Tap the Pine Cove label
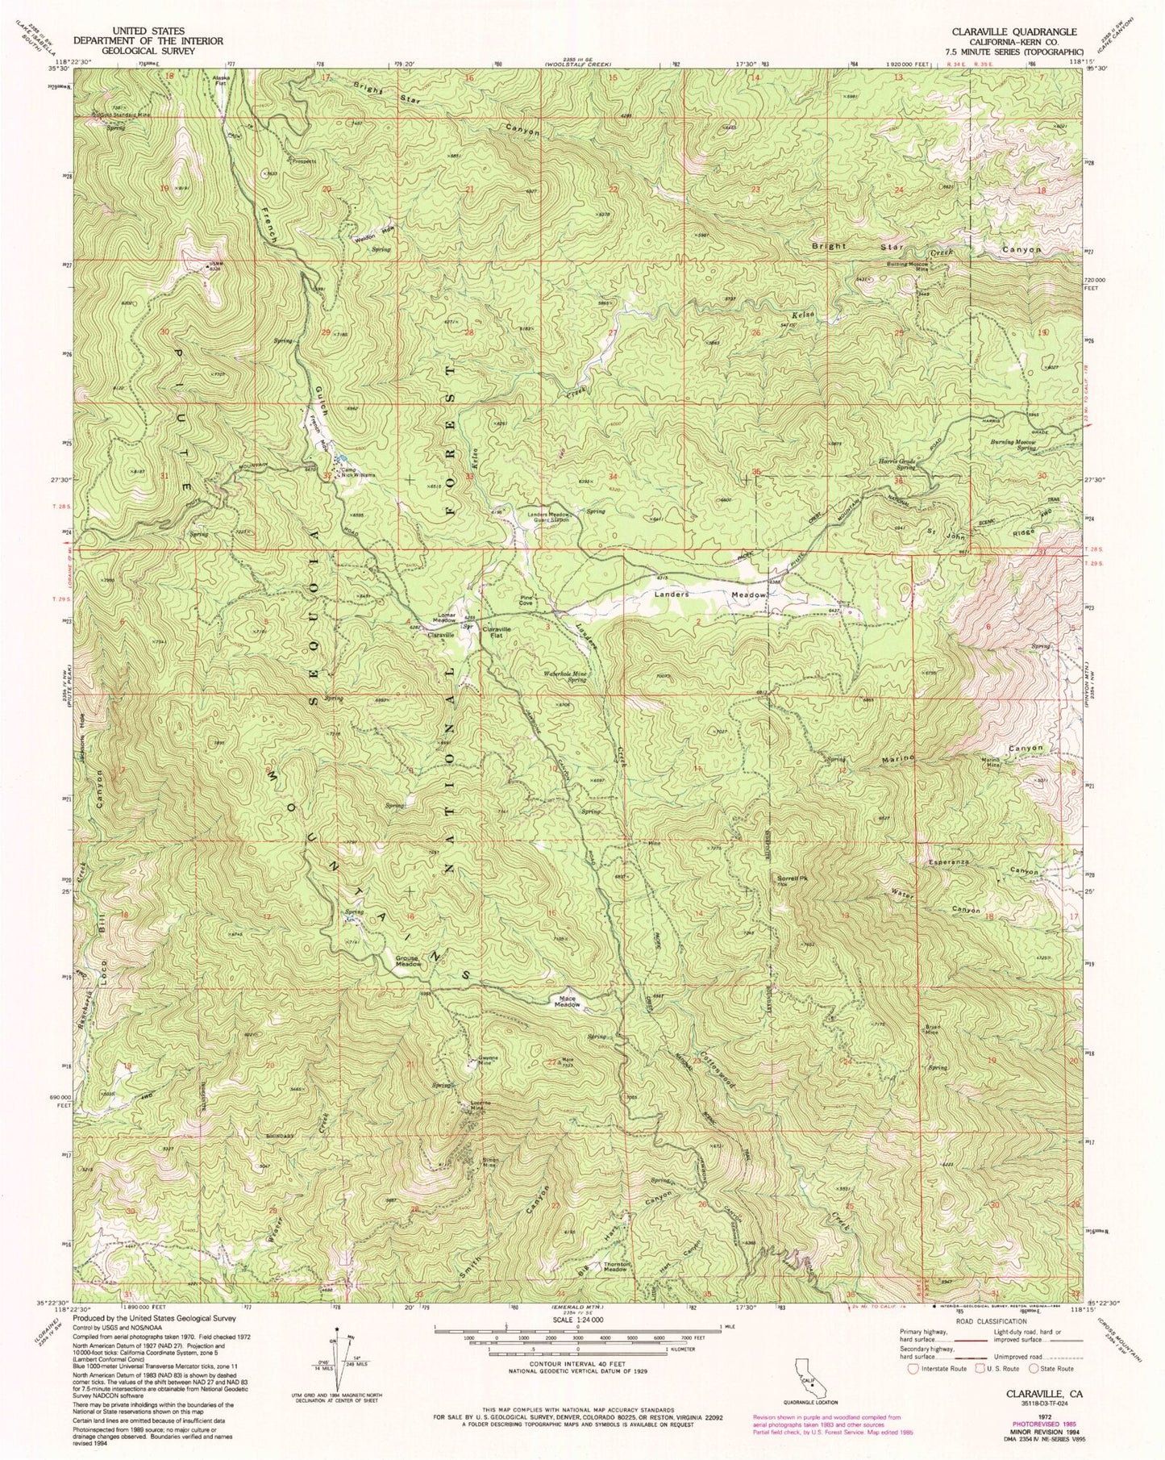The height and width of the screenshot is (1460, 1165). pyautogui.click(x=526, y=600)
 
